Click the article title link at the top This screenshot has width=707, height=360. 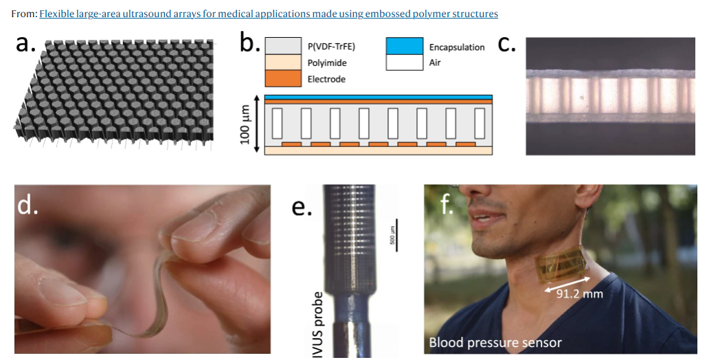268,14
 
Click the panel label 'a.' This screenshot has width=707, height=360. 25,43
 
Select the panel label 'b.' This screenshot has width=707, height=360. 249,43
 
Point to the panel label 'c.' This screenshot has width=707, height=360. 506,43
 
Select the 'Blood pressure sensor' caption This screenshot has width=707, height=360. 495,342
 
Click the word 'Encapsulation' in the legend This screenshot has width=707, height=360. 457,47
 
